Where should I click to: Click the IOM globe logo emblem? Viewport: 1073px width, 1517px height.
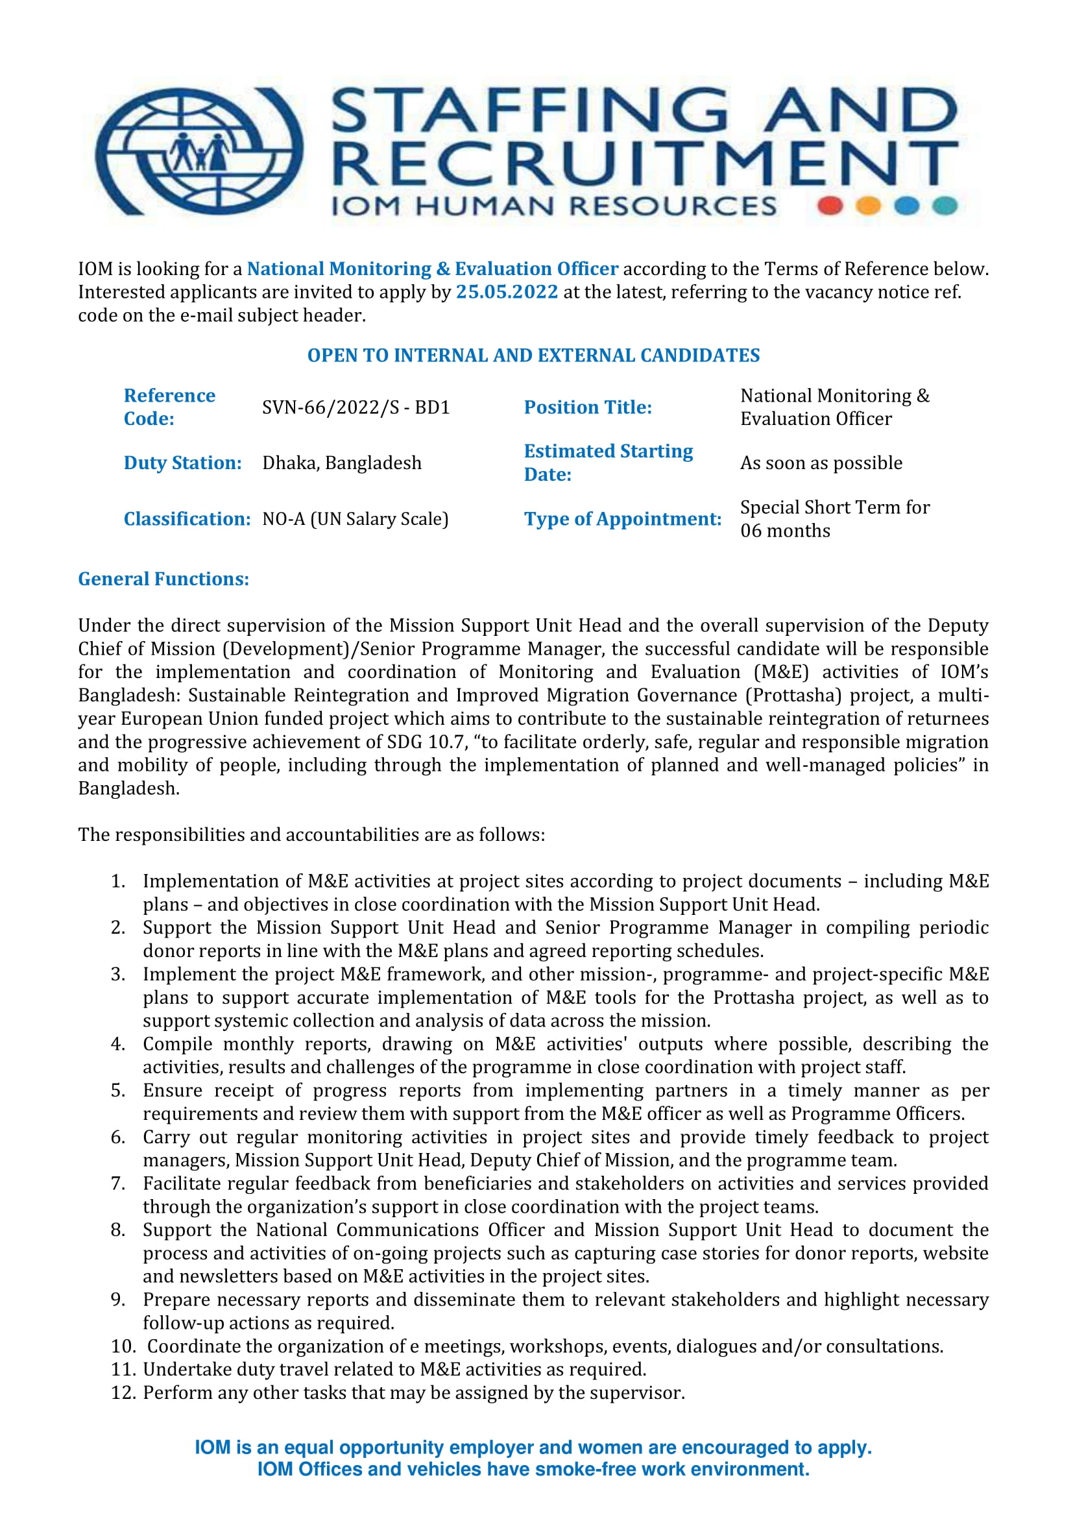click(199, 151)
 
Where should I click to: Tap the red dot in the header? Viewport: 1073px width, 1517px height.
click(829, 206)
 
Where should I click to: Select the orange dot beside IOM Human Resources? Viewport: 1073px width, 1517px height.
click(868, 206)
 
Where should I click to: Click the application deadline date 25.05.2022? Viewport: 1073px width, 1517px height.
click(507, 292)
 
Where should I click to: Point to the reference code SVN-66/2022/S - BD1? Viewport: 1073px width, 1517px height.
click(356, 407)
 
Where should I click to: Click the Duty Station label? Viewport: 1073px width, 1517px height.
click(182, 463)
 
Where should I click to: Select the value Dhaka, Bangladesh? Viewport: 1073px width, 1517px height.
click(342, 463)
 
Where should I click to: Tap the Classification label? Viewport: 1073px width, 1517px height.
click(187, 518)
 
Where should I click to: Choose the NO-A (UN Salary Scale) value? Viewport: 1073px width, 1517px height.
click(356, 518)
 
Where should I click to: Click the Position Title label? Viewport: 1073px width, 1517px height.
click(587, 407)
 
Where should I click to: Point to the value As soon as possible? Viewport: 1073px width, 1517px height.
click(821, 463)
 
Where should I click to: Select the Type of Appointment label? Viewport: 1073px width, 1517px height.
click(621, 518)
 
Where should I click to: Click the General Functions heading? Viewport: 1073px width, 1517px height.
click(163, 579)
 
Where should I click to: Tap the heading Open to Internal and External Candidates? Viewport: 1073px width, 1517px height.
click(533, 356)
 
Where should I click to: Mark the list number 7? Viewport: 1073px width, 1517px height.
click(117, 1183)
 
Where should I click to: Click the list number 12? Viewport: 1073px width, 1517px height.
click(123, 1393)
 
